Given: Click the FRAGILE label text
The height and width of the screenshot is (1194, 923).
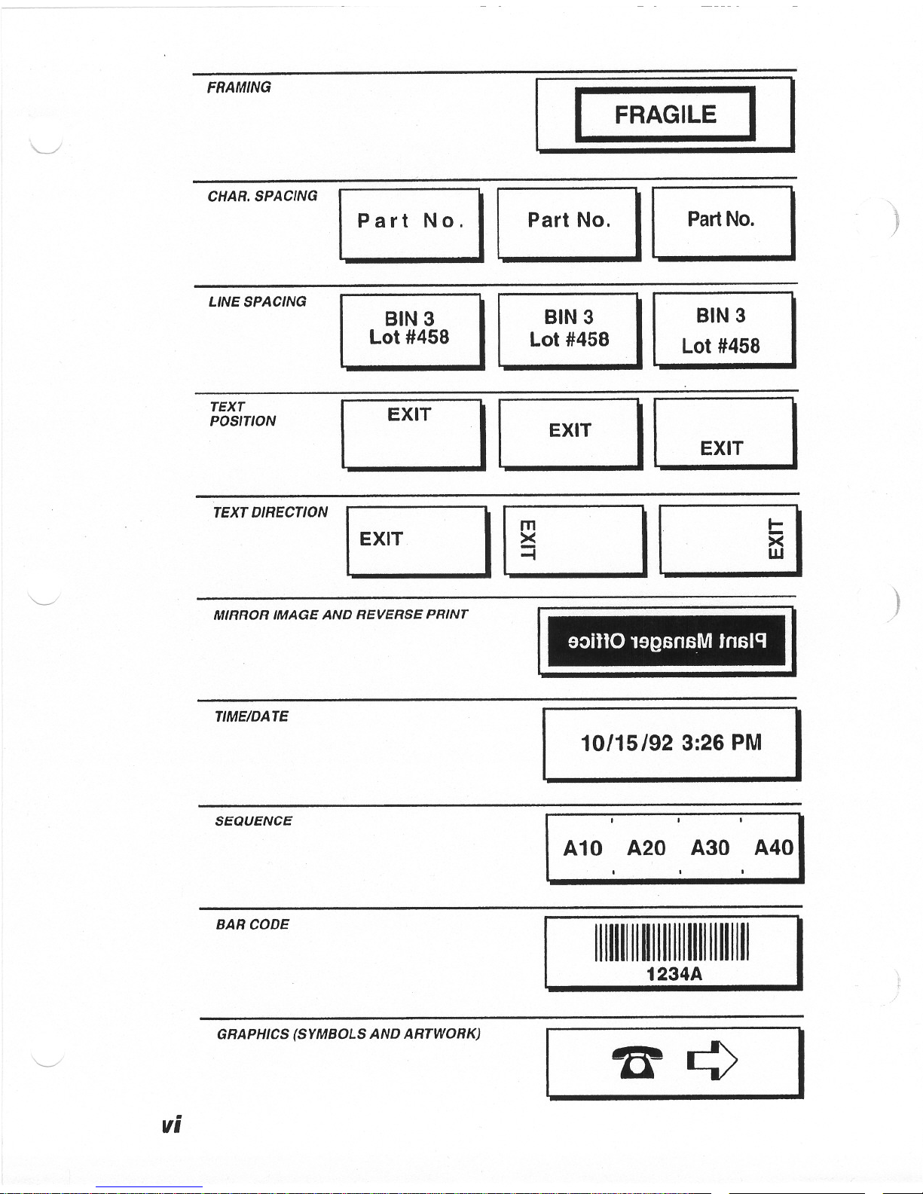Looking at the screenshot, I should [665, 115].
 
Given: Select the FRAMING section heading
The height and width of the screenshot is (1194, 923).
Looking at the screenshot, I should [239, 87].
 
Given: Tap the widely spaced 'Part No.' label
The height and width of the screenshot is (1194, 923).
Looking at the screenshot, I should [410, 221].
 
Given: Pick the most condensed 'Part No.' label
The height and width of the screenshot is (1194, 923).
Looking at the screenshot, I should [720, 219].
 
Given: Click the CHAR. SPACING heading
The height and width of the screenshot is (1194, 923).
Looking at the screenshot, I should [262, 196].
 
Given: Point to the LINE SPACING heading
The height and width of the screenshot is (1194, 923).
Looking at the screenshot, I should [257, 301].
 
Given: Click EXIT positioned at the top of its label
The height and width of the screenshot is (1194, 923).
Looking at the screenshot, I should [409, 415].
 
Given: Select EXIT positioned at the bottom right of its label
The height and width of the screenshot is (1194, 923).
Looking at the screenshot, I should [721, 448].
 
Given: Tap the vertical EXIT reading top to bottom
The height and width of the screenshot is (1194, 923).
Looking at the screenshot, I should [528, 539].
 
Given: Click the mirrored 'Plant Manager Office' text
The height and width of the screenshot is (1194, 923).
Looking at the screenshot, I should [667, 642].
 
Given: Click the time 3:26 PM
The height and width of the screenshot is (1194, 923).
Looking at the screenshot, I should [721, 744].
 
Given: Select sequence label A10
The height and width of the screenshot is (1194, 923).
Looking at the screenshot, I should [582, 849].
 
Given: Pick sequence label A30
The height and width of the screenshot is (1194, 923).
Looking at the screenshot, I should [710, 848].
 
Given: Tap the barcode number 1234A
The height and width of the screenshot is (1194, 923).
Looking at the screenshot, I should [674, 974].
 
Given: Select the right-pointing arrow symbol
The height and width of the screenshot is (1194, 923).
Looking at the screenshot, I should [712, 1060].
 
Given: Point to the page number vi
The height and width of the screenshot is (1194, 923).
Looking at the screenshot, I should [171, 1124].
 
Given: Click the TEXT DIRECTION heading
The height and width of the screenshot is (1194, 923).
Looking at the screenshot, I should [270, 512].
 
